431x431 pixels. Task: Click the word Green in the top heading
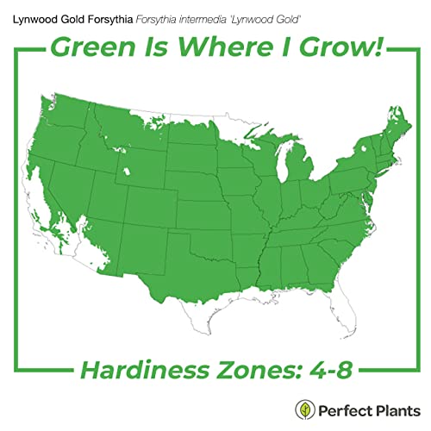tap(94, 47)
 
